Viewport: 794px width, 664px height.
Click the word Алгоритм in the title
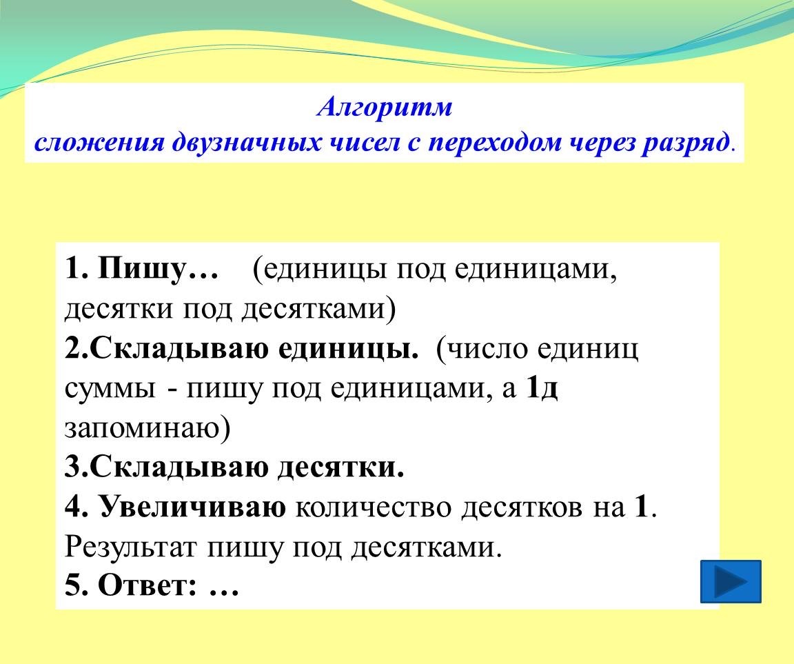click(385, 107)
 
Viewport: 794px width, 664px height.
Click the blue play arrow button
click(731, 581)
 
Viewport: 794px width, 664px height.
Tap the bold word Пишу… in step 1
click(158, 268)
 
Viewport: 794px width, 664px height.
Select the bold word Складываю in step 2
click(179, 350)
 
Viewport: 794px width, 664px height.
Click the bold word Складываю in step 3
click(179, 467)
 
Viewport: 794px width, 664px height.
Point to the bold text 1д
click(542, 388)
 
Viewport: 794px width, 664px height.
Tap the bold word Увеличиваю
click(192, 507)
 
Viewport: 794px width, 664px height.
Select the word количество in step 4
click(373, 507)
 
